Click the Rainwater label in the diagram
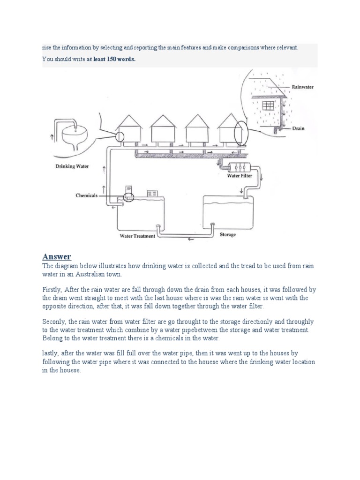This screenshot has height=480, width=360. pyautogui.click(x=302, y=87)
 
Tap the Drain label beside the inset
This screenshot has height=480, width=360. pyautogui.click(x=299, y=128)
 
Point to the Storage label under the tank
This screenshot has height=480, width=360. pyautogui.click(x=228, y=234)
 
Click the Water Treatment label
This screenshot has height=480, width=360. pyautogui.click(x=137, y=236)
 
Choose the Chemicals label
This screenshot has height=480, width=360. pyautogui.click(x=87, y=195)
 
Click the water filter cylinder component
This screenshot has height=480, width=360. pyautogui.click(x=239, y=166)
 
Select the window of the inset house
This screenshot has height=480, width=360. pyautogui.click(x=268, y=105)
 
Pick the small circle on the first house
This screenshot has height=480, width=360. pyautogui.click(x=120, y=136)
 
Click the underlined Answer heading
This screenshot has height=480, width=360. pyautogui.click(x=57, y=256)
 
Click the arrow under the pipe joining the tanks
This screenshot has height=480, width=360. pyautogui.click(x=189, y=239)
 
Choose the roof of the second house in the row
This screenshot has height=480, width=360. pyautogui.click(x=162, y=121)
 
